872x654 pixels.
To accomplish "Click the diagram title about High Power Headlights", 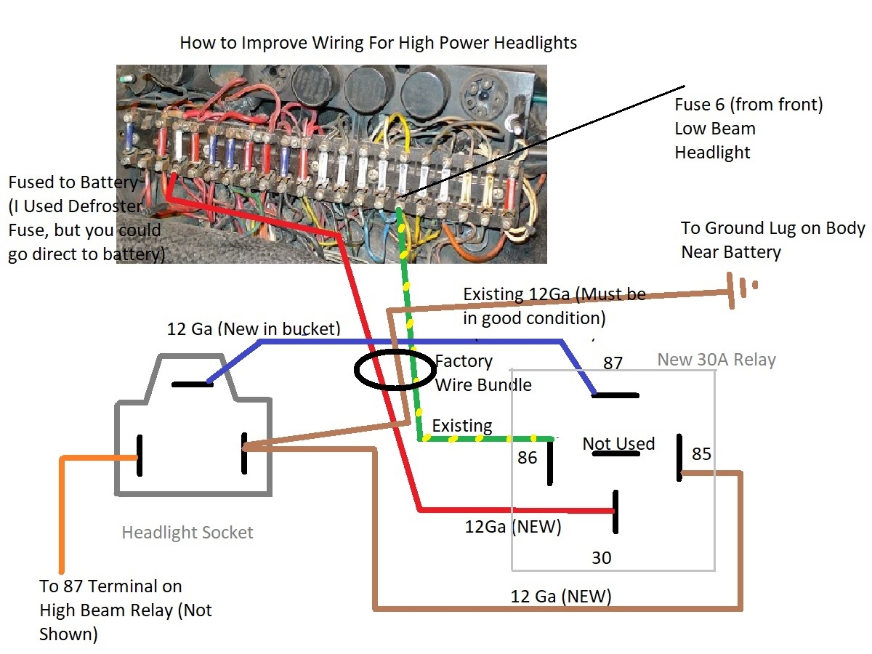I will pos(378,43).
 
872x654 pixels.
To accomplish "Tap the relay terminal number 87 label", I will pos(613,363).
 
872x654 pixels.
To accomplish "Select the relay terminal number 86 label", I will pos(528,457).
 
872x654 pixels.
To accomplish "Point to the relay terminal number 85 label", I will pos(701,454).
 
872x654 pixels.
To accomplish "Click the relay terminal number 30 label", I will pos(602,557).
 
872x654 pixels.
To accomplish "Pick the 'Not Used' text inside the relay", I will pos(618,444).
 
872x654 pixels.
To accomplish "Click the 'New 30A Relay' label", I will pos(716,360).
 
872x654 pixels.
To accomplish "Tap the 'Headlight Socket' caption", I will pos(187,533).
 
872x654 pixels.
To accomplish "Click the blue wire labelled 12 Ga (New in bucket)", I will pos(407,341).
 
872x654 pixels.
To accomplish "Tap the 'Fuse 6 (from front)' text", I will pos(748,105).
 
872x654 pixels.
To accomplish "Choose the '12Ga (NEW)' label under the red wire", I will pos(513,527).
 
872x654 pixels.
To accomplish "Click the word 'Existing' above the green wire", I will pos(462,425).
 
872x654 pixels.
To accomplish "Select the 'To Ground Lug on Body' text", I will pos(772,228).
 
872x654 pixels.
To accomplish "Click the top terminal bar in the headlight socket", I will pos(192,384).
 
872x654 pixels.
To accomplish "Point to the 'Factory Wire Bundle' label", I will pos(483,373).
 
